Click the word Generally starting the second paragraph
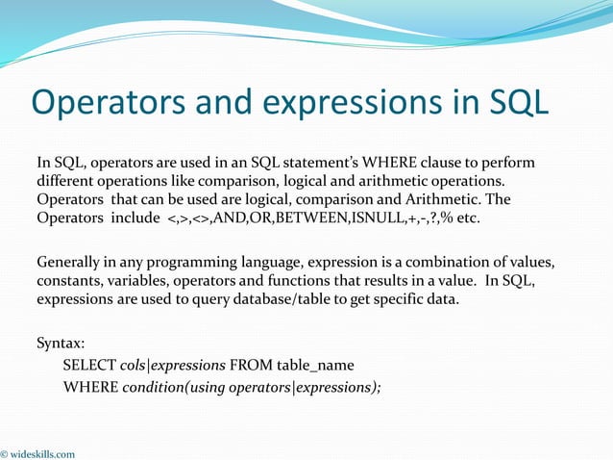coord(70,263)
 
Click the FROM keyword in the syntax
coord(253,365)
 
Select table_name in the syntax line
coord(315,365)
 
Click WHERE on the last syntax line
coord(90,388)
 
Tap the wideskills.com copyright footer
coord(38,453)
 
